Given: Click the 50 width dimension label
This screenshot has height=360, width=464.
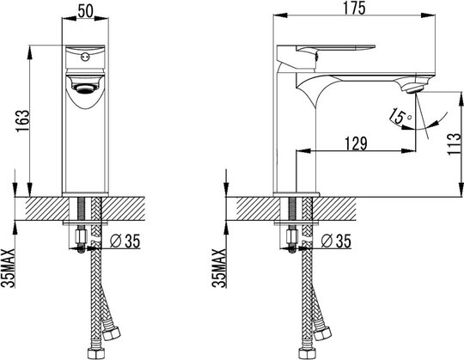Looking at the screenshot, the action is (86, 11).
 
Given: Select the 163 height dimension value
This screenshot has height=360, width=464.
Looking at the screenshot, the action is (23, 120).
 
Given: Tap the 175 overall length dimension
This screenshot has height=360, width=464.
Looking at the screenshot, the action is (355, 8).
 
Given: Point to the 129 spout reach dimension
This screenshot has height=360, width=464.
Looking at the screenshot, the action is (356, 143).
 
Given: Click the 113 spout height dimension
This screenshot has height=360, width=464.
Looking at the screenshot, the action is (455, 144).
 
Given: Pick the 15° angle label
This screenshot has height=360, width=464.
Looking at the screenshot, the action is (400, 116).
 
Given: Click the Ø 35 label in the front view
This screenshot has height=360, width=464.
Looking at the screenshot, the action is (125, 241).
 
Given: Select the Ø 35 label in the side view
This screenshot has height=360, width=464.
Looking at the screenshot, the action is (336, 241).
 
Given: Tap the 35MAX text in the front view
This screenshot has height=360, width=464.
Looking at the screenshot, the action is (9, 268).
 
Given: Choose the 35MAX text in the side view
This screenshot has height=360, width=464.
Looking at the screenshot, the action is (219, 268).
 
